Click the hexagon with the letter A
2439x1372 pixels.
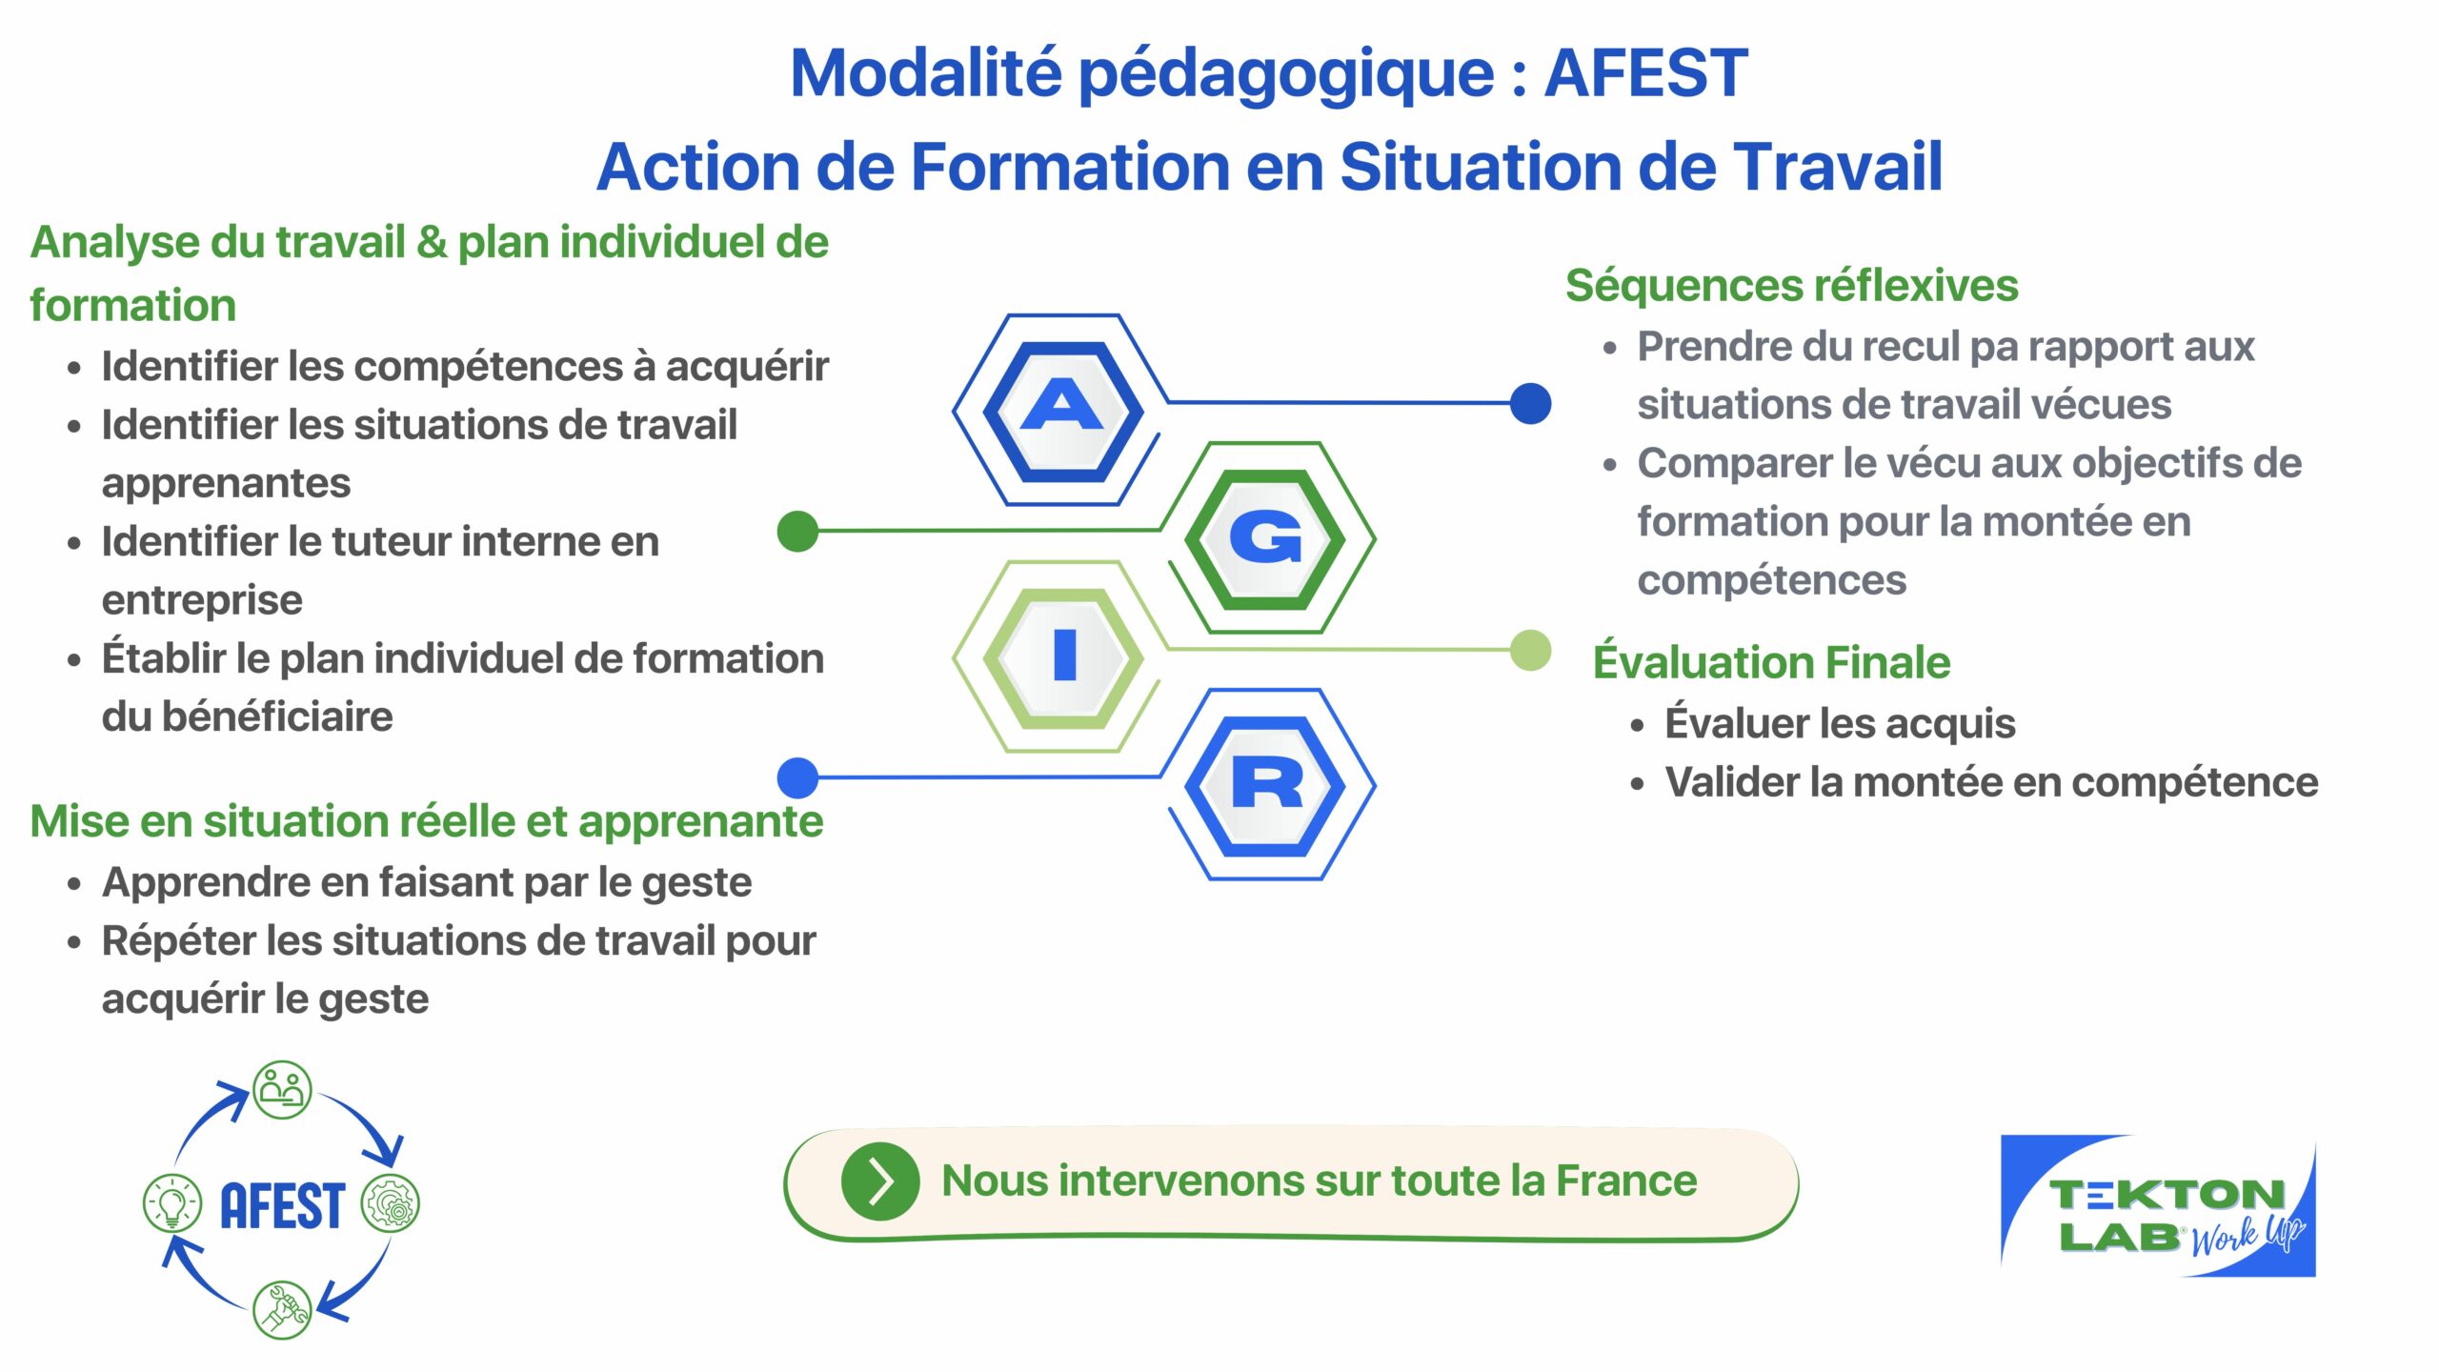pyautogui.click(x=1062, y=411)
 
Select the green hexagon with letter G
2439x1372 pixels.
pyautogui.click(x=1265, y=538)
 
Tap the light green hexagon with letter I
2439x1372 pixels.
pyautogui.click(x=1063, y=657)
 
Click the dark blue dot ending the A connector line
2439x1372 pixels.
pyautogui.click(x=1530, y=403)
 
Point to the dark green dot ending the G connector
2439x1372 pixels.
pyautogui.click(x=798, y=531)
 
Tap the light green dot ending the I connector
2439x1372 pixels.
pyautogui.click(x=1530, y=650)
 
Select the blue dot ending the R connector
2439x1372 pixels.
pyautogui.click(x=798, y=777)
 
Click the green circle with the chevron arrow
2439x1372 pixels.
pyautogui.click(x=880, y=1181)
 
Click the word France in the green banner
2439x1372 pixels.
pyautogui.click(x=1626, y=1180)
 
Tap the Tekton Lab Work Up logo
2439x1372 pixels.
pyautogui.click(x=2158, y=1205)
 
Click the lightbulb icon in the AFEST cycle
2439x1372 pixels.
pyautogui.click(x=171, y=1201)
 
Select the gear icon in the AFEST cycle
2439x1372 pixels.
pyautogui.click(x=390, y=1202)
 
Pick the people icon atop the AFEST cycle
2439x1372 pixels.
pyautogui.click(x=282, y=1089)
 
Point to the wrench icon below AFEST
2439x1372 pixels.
pyautogui.click(x=282, y=1309)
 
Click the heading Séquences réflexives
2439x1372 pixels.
pyautogui.click(x=1791, y=286)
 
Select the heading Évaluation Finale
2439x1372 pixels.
pyautogui.click(x=1771, y=662)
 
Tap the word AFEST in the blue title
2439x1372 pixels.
pyautogui.click(x=1645, y=73)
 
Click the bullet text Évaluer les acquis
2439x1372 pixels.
pyautogui.click(x=1840, y=723)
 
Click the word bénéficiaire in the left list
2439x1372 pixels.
pyautogui.click(x=277, y=716)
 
